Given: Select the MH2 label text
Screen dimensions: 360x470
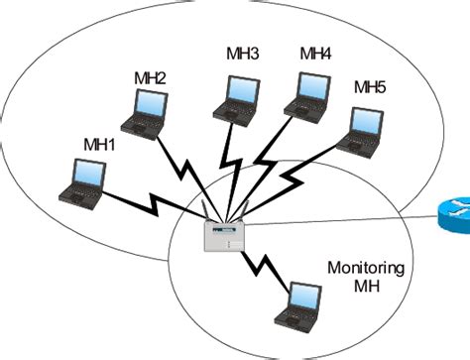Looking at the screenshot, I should tap(150, 76).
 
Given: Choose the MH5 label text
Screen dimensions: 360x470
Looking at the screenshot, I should tap(370, 88).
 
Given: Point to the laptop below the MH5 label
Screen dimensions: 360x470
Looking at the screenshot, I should tap(360, 128).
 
